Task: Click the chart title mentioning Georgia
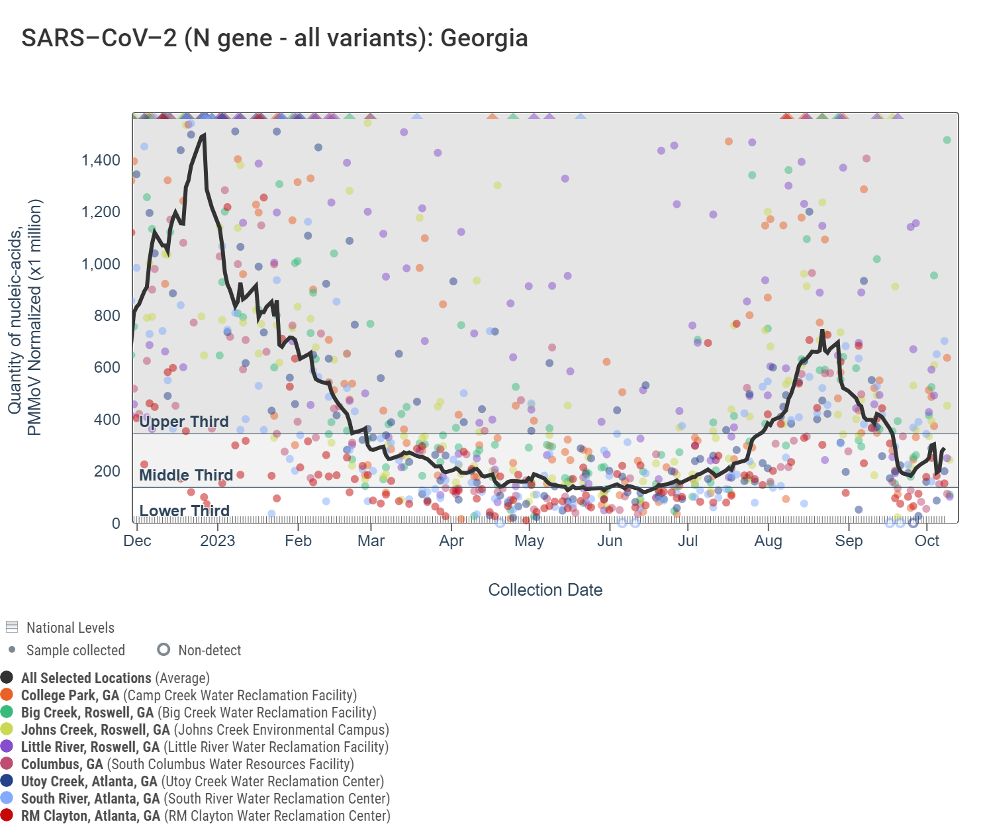274,38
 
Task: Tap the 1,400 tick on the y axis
101,160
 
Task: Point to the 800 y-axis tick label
107,316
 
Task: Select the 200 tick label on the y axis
107,471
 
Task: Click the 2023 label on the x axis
217,541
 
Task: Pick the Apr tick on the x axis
451,541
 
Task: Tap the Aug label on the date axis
768,541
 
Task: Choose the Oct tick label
927,541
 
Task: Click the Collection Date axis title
545,590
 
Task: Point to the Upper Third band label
184,422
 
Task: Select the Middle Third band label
186,475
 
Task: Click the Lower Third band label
184,511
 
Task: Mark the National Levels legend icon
12,627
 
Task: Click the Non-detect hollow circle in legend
164,649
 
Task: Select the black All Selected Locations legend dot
7,677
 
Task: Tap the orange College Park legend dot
7,694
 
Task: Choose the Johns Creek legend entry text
205,729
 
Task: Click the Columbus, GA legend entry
187,764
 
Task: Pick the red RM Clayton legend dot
7,815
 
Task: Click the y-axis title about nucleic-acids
24,318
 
